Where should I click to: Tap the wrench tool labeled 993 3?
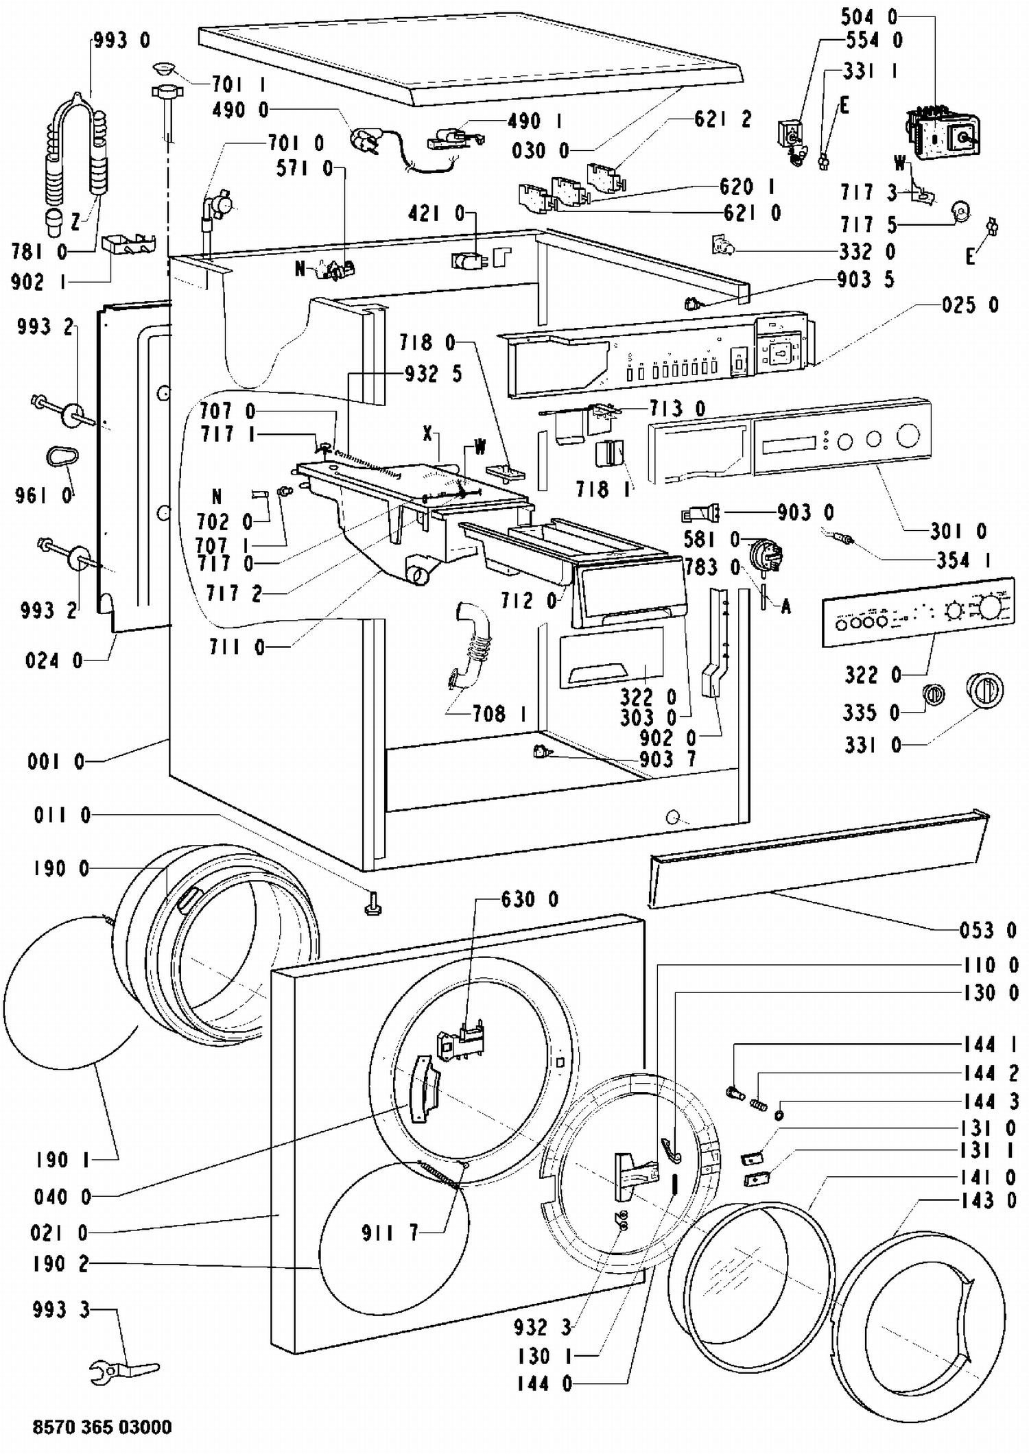pos(124,1371)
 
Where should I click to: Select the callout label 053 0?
pos(988,930)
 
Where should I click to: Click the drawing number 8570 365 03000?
pos(102,1427)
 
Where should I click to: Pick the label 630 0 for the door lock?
pos(530,898)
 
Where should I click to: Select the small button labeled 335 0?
pos(932,694)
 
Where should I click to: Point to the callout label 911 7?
pos(390,1232)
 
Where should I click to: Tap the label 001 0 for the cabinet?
pos(56,761)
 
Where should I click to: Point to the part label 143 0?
pos(988,1200)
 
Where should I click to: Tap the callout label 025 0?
pos(971,305)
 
